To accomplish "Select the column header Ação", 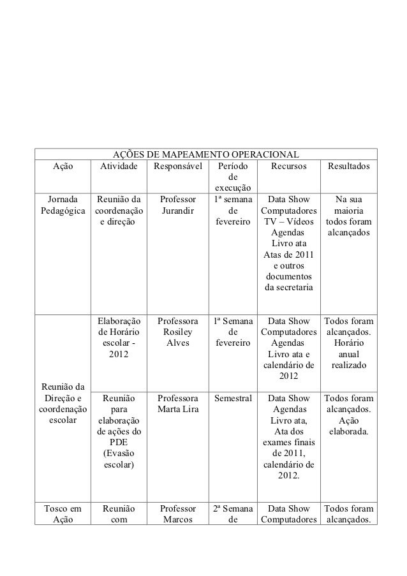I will click(63, 166).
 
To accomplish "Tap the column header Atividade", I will click(118, 166).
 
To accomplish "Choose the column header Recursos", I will click(288, 166).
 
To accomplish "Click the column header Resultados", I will click(349, 166).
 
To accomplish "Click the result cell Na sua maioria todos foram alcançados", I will click(349, 216).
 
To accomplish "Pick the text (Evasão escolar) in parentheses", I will click(118, 459).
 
